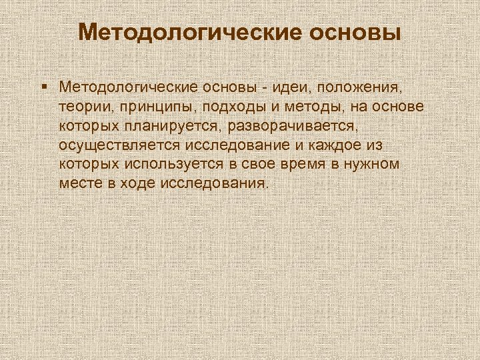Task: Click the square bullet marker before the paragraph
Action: coord(43,86)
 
